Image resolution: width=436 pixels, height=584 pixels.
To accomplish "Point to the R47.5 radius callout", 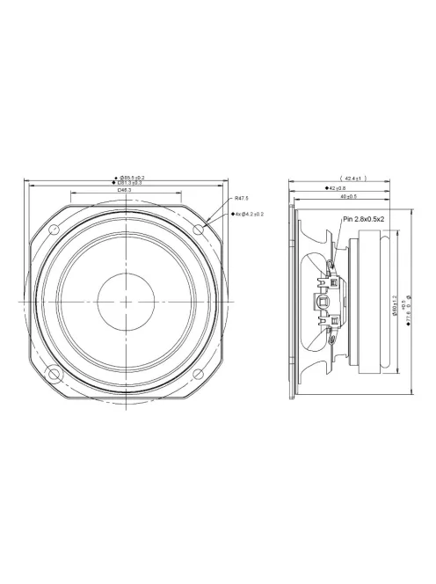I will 243,200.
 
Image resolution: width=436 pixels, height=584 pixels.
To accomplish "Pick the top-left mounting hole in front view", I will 54,230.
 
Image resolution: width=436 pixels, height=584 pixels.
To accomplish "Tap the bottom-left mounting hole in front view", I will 54,376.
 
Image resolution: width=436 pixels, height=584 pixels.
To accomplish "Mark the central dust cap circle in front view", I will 127,303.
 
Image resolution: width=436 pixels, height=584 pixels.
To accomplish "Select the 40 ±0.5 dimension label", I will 334,196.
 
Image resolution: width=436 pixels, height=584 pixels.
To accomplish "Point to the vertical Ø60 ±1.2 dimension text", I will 395,303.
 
